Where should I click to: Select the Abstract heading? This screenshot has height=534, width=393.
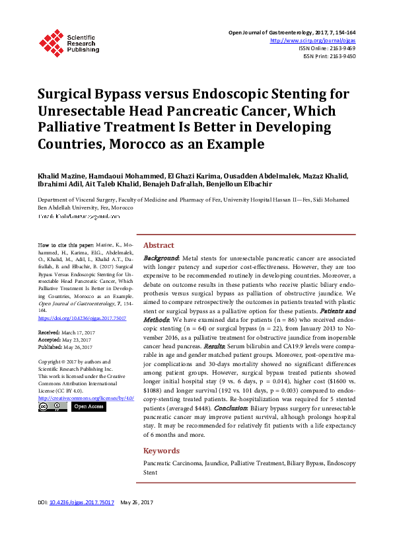pyautogui.click(x=159, y=244)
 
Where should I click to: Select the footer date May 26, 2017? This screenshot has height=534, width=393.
pyautogui.click(x=137, y=521)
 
